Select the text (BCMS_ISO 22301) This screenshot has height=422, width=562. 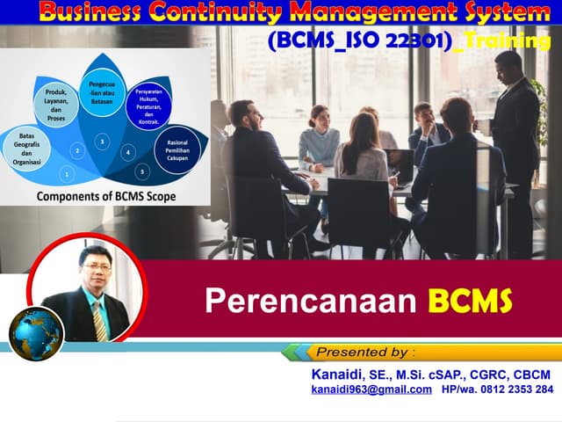361,43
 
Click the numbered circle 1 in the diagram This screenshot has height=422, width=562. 68,175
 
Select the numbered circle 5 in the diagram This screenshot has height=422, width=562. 141,171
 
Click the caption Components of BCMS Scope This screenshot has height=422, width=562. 105,196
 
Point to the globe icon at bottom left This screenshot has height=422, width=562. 37,334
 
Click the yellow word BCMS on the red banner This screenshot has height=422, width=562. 470,301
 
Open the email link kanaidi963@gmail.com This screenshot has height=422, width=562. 371,389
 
